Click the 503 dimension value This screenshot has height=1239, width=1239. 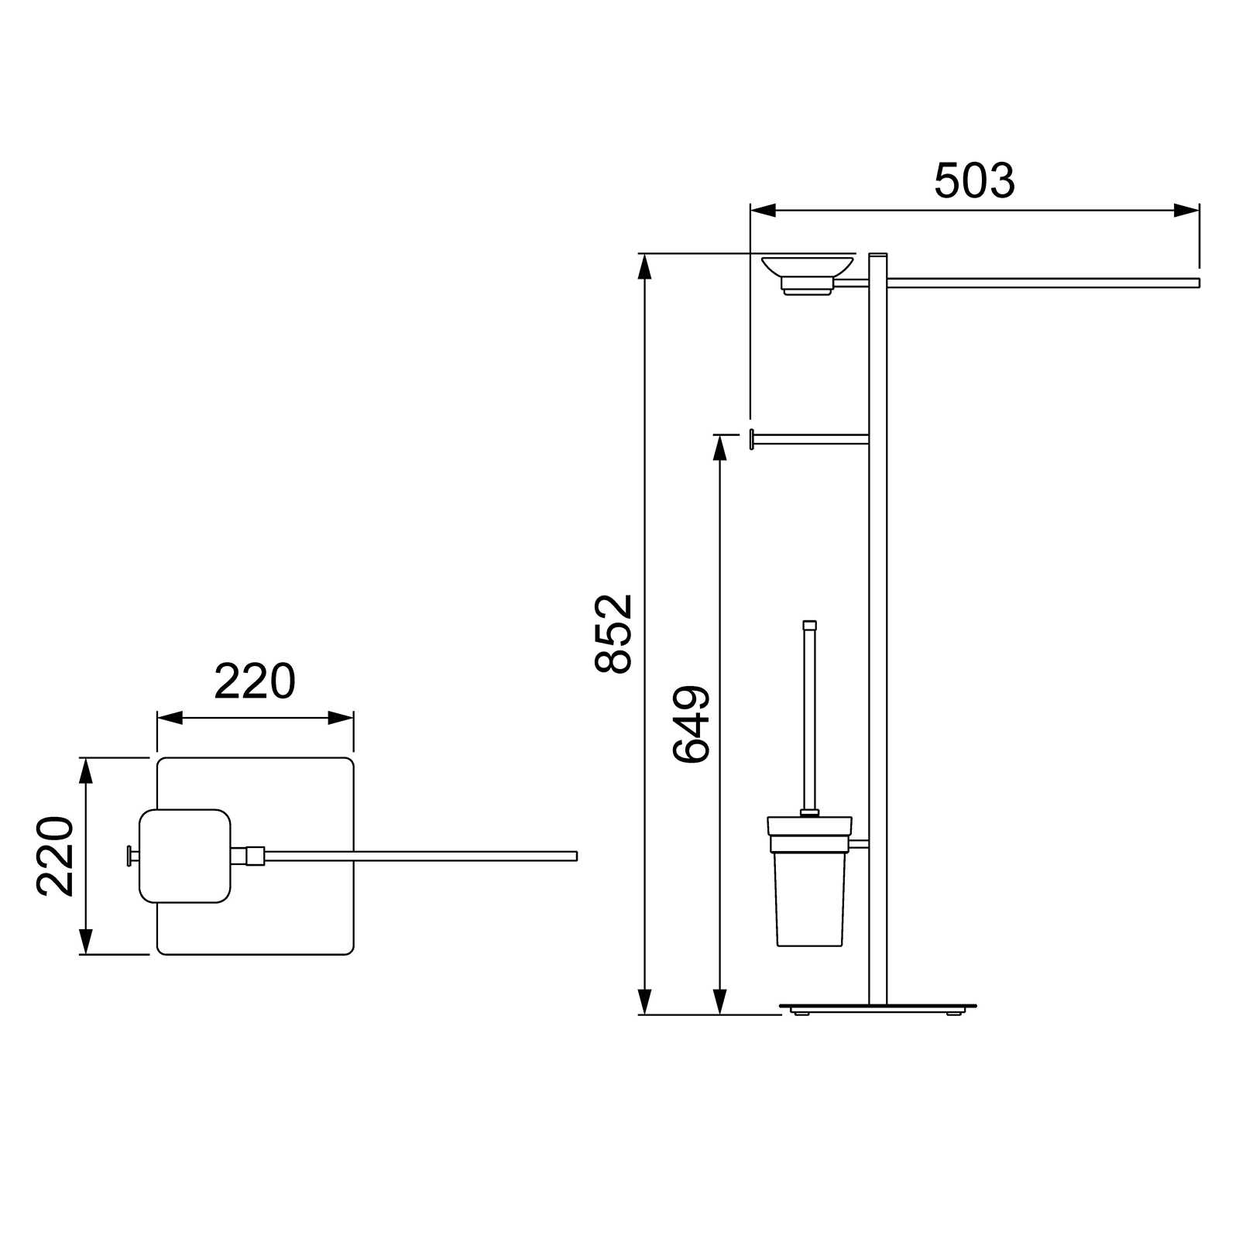click(x=974, y=180)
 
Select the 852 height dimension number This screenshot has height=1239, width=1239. click(x=614, y=633)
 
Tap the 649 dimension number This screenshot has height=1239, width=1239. click(x=691, y=724)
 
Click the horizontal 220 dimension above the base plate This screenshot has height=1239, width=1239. click(x=255, y=681)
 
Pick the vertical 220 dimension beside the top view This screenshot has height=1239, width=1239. click(x=55, y=856)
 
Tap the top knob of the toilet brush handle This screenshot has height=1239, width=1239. click(x=810, y=625)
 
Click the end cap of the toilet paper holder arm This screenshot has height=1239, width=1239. click(x=751, y=438)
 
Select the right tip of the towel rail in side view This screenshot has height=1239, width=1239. click(x=1199, y=283)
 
